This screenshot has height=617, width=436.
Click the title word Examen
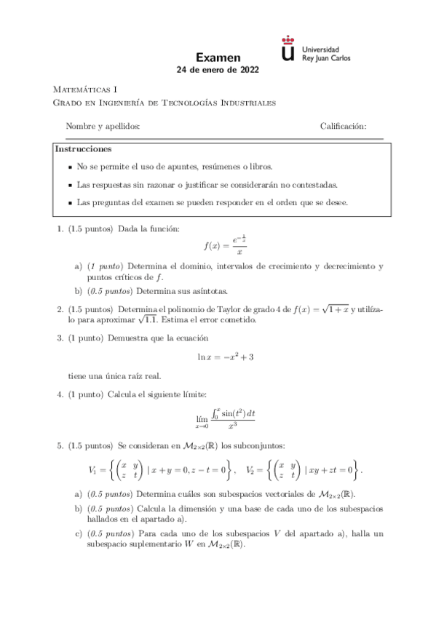tap(218, 57)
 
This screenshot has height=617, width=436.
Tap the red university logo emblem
tap(288, 49)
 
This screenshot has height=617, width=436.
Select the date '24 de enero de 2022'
tap(218, 71)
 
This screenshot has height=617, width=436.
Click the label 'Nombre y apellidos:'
tap(103, 127)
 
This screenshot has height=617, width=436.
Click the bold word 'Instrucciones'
tap(84, 149)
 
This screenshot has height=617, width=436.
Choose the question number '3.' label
tap(60, 338)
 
